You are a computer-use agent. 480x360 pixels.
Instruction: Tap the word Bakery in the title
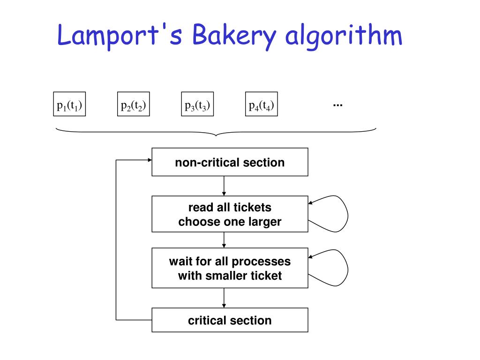point(227,37)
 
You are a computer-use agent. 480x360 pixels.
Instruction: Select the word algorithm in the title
point(344,37)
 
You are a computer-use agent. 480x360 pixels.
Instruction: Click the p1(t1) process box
point(69,104)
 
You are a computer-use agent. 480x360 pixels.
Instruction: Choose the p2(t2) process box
point(134,104)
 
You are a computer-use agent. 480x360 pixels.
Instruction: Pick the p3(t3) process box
point(197,104)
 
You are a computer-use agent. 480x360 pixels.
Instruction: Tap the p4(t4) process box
point(262,104)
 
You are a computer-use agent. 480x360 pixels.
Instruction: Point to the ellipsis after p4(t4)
point(337,104)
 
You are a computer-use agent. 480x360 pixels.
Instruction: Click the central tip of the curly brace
point(216,135)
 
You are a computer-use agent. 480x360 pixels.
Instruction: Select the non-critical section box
point(230,162)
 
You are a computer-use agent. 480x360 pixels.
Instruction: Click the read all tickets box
point(230,214)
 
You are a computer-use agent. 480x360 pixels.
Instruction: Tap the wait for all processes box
point(230,268)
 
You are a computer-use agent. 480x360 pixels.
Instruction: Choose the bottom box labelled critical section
point(230,320)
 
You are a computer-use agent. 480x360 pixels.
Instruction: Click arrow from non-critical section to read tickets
point(224,186)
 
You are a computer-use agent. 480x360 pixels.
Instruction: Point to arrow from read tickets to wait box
point(224,240)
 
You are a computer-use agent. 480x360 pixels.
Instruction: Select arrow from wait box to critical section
point(224,298)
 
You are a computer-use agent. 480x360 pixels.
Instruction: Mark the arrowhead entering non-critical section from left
point(149,160)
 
